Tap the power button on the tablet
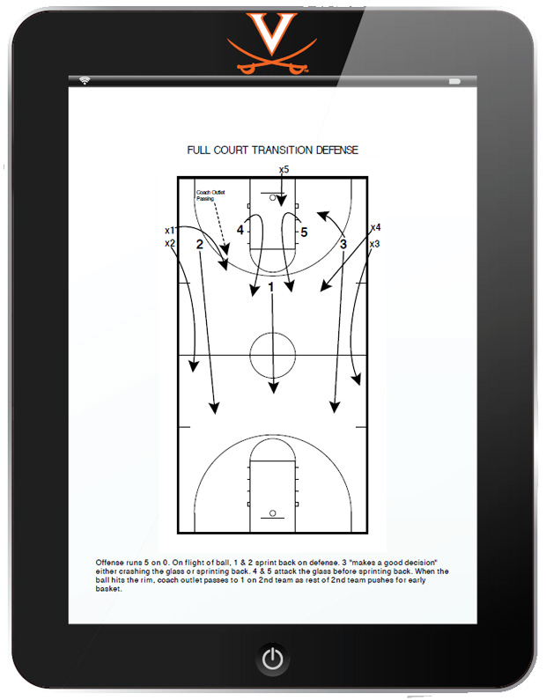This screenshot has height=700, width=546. [273, 659]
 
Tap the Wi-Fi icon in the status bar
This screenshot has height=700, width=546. [85, 80]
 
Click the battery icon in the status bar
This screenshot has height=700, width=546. [454, 81]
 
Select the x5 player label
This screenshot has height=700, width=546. [284, 170]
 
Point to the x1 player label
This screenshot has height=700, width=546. [170, 231]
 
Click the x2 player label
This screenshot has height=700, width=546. [170, 243]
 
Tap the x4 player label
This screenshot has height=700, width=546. [375, 228]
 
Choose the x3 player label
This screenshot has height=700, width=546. [374, 244]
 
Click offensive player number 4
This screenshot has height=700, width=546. [240, 230]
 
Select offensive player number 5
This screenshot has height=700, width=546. [304, 232]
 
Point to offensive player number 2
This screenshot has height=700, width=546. [200, 244]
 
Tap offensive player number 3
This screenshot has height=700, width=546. [343, 244]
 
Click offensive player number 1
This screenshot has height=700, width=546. [270, 288]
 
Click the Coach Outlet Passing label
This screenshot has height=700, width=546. [210, 195]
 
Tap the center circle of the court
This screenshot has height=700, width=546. [272, 333]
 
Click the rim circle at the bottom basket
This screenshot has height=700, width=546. [273, 513]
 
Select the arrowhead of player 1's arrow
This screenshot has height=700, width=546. [274, 387]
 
